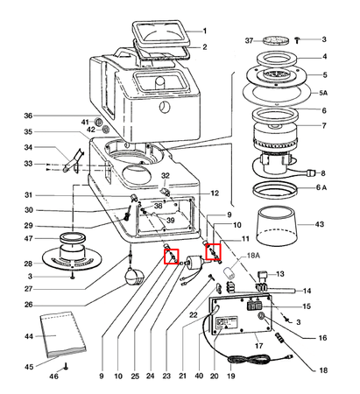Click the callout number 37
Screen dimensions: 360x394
click(x=249, y=40)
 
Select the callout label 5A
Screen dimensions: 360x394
click(x=323, y=93)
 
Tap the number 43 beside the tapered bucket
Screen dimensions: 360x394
click(x=320, y=224)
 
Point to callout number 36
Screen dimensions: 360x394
click(x=28, y=116)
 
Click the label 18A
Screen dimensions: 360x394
click(x=253, y=256)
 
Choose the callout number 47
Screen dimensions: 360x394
click(x=28, y=238)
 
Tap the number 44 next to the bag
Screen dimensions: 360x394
click(x=29, y=336)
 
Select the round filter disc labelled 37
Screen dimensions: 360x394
click(x=276, y=40)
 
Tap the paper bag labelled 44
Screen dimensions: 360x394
click(x=63, y=334)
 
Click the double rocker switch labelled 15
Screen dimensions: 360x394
click(x=255, y=306)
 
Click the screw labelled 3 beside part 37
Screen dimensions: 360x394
click(x=297, y=39)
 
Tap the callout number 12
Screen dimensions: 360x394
click(x=215, y=193)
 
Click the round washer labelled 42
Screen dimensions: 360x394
click(x=106, y=129)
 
